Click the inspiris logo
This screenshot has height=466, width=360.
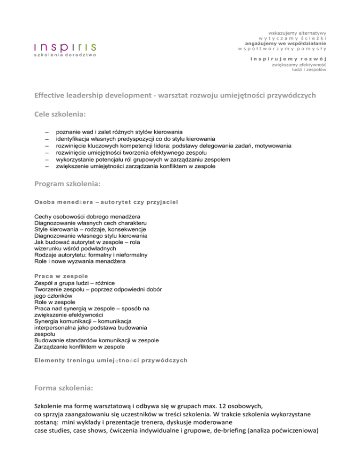(65, 49)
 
